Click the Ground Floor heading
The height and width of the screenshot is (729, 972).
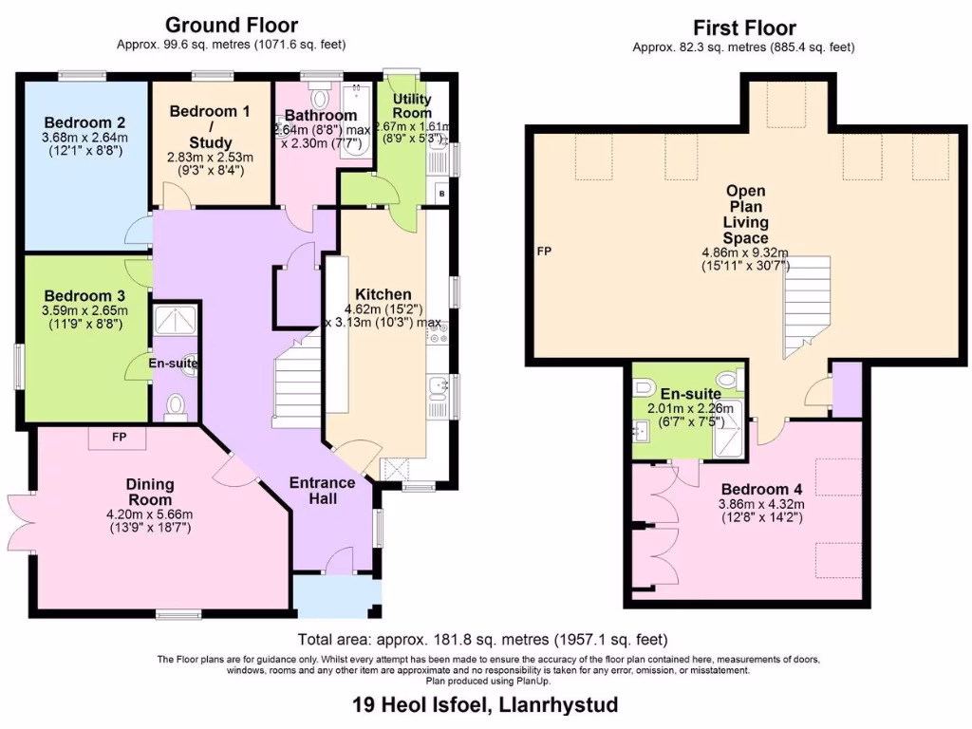click(x=232, y=25)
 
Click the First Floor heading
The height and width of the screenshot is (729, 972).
click(x=744, y=28)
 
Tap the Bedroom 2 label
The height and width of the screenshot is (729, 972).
click(x=84, y=122)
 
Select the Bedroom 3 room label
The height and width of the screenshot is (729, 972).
click(x=84, y=295)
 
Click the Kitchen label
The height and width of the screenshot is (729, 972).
click(x=383, y=294)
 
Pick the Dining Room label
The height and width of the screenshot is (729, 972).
click(x=150, y=492)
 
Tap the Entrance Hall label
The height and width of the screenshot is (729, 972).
click(x=323, y=491)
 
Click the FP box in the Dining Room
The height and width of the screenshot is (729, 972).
click(x=119, y=438)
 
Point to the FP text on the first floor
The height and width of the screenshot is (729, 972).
click(x=544, y=252)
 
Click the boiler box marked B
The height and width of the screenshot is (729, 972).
click(x=440, y=194)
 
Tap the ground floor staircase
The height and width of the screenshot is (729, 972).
click(x=296, y=384)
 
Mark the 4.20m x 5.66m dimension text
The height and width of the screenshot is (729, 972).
click(x=150, y=515)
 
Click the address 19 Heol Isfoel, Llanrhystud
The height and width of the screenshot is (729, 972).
click(x=485, y=704)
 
